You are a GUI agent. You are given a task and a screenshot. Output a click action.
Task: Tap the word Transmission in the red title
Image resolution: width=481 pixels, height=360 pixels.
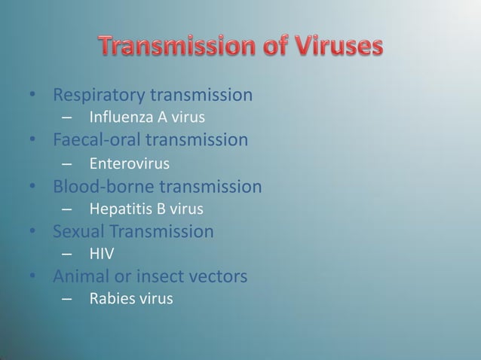pos(176,47)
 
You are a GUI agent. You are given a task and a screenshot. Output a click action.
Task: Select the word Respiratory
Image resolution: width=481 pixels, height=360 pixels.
pos(99,96)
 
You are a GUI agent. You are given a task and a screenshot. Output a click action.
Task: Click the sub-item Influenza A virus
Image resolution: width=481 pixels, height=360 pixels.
pos(147,117)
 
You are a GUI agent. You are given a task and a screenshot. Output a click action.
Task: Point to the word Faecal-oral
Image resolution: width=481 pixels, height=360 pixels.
pos(97,140)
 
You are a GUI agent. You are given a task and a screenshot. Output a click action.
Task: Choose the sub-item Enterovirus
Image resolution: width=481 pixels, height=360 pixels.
pos(129,163)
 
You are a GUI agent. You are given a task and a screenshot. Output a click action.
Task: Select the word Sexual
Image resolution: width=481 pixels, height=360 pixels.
pos(78,231)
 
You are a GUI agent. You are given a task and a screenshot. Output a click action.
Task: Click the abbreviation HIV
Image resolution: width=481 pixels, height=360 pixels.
pos(102,254)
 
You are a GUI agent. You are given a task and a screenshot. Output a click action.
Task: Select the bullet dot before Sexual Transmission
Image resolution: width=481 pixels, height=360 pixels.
pos(33,232)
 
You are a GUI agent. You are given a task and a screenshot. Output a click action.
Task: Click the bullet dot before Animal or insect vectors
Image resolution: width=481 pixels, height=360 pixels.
pos(33,277)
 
